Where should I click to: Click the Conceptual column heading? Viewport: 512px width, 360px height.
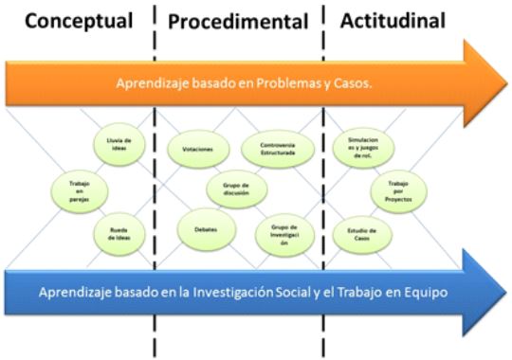77,20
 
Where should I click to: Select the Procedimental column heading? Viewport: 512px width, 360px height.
238,21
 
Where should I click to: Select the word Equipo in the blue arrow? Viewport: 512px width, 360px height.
423,292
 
